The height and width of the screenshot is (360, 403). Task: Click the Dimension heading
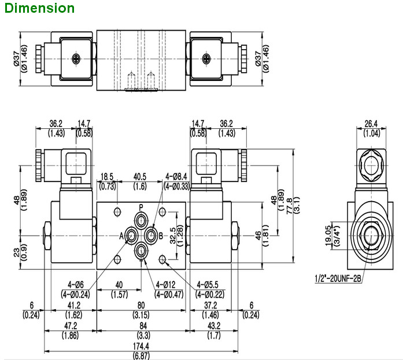[x=39, y=8]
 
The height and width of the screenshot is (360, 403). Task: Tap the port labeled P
[x=142, y=219]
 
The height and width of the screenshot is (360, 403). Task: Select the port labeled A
[x=131, y=235]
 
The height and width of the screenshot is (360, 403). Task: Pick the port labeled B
[x=151, y=235]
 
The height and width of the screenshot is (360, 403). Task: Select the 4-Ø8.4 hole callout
[x=177, y=176]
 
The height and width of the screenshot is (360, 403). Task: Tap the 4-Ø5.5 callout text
[x=208, y=284]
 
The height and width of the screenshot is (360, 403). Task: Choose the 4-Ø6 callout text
[x=76, y=284]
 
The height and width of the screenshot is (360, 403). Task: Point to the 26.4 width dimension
[x=371, y=123]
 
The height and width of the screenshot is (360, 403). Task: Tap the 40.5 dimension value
[x=139, y=176]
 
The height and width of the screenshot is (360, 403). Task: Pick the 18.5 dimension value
[x=107, y=176]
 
